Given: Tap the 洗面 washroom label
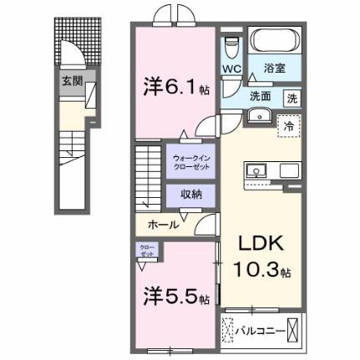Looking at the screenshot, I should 262,95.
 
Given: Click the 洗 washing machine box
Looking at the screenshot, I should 293,96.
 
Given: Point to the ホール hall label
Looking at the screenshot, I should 163,225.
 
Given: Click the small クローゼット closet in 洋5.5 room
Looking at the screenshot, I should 146,250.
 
